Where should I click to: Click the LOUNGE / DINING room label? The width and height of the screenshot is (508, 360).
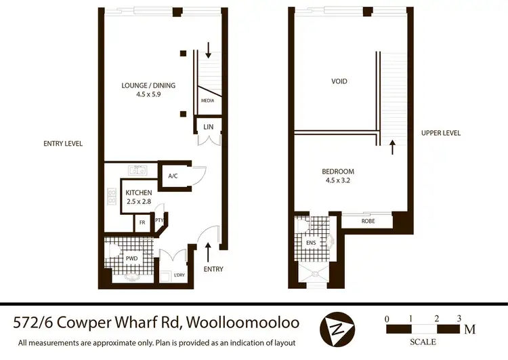pyautogui.click(x=148, y=85)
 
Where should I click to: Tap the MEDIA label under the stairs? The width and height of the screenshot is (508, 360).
pyautogui.click(x=207, y=100)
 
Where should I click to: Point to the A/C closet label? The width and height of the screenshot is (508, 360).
pyautogui.click(x=173, y=176)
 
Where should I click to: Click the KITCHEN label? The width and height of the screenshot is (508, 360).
pyautogui.click(x=140, y=193)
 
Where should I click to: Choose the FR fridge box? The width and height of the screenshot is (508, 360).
pyautogui.click(x=142, y=222)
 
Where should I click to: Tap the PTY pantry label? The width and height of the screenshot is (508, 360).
pyautogui.click(x=160, y=220)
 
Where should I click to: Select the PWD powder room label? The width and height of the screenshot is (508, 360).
pyautogui.click(x=131, y=258)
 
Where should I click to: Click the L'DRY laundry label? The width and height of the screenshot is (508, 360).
pyautogui.click(x=179, y=275)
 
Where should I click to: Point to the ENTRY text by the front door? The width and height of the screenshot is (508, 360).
pyautogui.click(x=213, y=269)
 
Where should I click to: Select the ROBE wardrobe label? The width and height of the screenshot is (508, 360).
pyautogui.click(x=367, y=220)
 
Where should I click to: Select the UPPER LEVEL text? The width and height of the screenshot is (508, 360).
pyautogui.click(x=440, y=133)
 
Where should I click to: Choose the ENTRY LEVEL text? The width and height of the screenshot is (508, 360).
pyautogui.click(x=63, y=144)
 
